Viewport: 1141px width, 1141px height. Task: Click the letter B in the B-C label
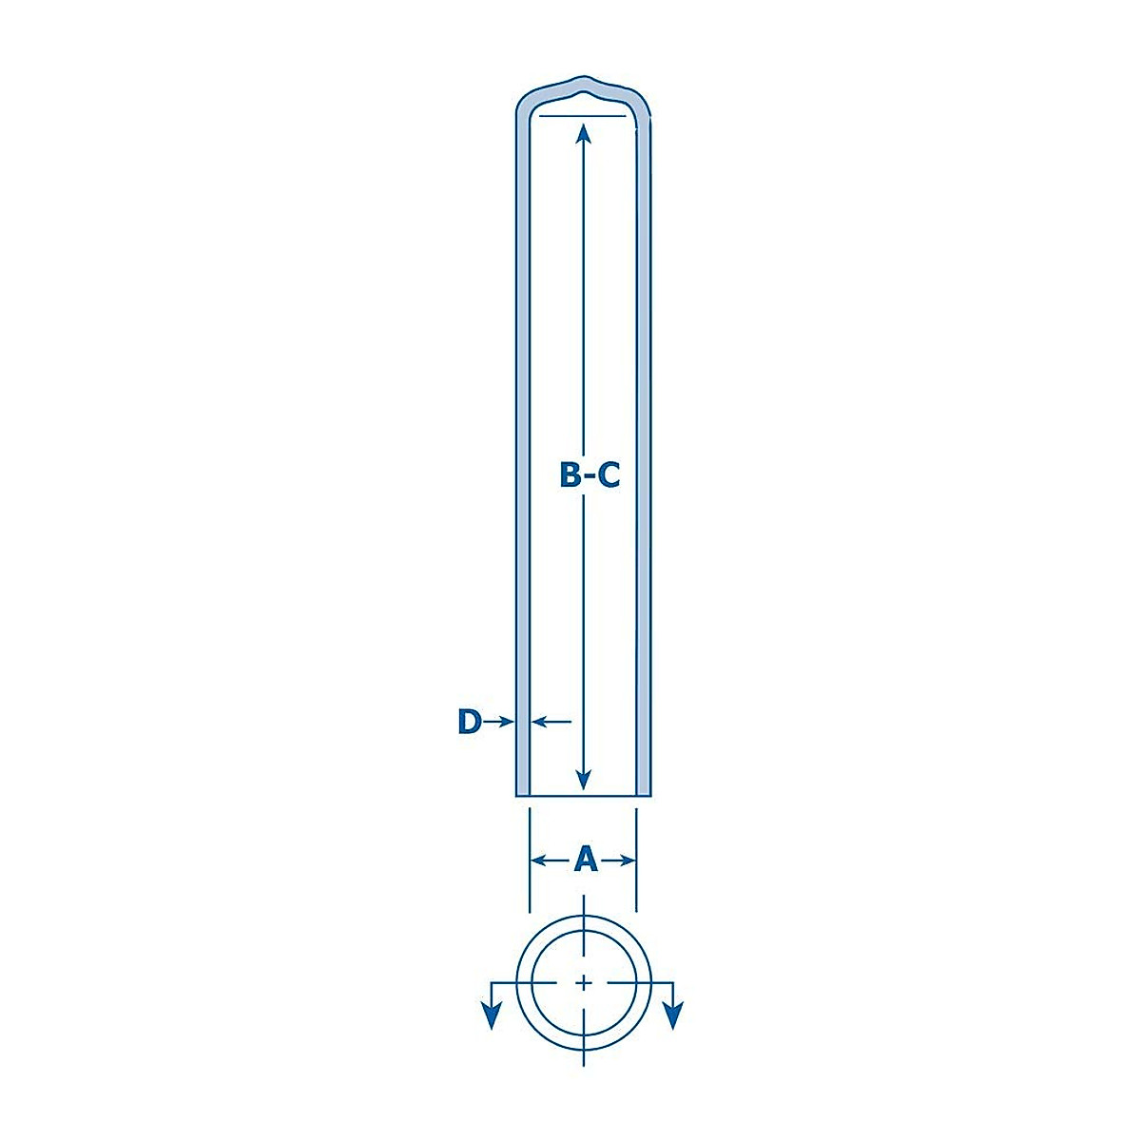[570, 474]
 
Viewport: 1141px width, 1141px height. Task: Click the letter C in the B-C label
[609, 474]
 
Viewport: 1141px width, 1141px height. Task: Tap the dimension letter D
[470, 721]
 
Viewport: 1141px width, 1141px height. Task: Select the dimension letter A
[586, 860]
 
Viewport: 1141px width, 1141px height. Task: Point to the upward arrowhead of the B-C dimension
[584, 133]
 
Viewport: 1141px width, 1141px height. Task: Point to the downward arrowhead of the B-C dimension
[584, 780]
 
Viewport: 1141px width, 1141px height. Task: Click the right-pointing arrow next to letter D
[498, 721]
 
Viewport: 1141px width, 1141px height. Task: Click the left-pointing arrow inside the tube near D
[551, 721]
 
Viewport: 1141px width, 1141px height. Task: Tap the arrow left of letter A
[551, 861]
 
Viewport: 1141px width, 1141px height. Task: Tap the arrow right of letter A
[616, 861]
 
